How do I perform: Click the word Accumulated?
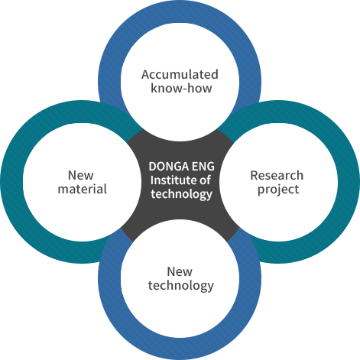point(180,74)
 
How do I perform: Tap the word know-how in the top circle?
point(181,88)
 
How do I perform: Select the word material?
point(83,189)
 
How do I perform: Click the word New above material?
point(81,175)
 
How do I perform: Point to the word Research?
point(277,175)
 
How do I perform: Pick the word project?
point(278,190)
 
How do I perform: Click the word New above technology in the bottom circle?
point(180,271)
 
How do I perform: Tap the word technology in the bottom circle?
point(181,286)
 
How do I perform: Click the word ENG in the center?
point(203,167)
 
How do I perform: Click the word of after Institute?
point(205,180)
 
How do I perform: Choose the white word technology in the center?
point(181,194)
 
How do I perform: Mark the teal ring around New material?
point(11,182)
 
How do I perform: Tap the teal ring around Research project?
point(349,182)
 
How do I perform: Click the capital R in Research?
point(255,176)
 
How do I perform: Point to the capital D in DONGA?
point(153,167)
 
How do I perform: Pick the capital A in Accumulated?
point(146,75)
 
